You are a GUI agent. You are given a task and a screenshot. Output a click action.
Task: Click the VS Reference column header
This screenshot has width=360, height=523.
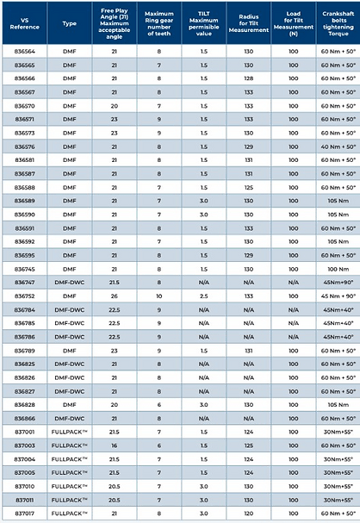click(x=25, y=21)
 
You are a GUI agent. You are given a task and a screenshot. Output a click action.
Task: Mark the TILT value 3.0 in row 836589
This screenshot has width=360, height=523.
click(x=203, y=201)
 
